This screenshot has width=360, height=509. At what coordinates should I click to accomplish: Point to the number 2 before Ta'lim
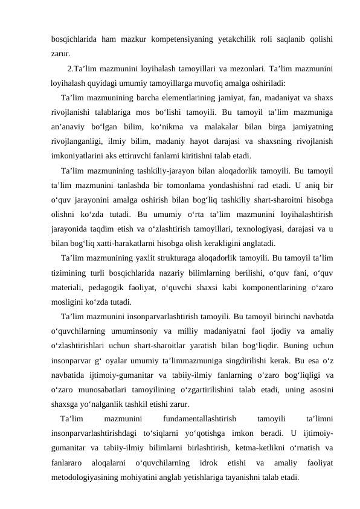pyautogui.click(x=71, y=67)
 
